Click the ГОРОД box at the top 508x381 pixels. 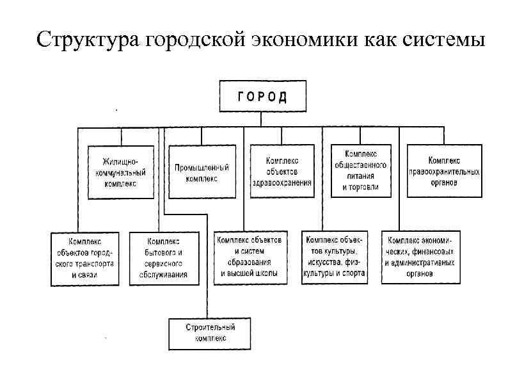point(262,97)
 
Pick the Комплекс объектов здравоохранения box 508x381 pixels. point(282,172)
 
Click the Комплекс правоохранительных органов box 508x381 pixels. point(444,171)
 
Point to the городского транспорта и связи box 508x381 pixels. point(83,258)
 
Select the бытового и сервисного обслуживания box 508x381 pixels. point(164,258)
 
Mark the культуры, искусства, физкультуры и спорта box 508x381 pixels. point(335,256)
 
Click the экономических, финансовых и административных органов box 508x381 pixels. point(420,257)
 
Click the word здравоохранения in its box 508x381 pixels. point(282,182)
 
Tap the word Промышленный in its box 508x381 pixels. point(202,168)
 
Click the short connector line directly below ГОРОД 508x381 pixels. point(262,118)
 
